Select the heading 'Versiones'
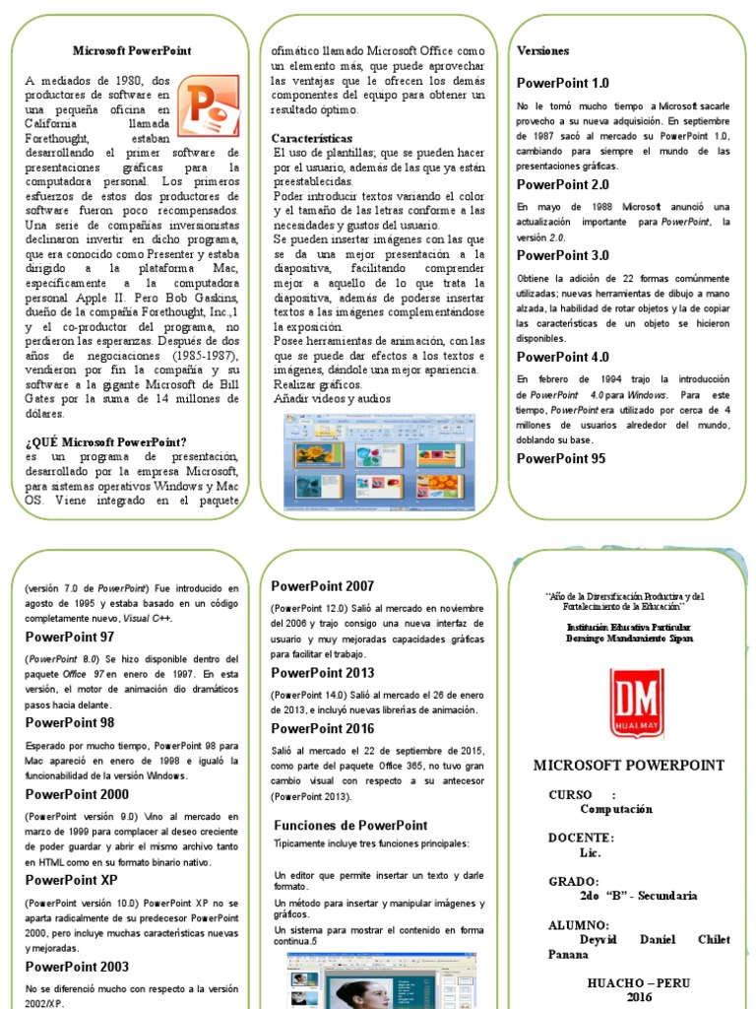pos(542,50)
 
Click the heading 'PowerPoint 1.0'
pos(563,84)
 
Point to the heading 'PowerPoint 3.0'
pos(563,255)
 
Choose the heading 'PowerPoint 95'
pos(561,458)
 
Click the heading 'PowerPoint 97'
pos(70,637)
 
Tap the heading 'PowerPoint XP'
pos(71,880)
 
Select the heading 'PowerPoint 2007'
pos(322,586)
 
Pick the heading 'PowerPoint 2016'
pos(322,728)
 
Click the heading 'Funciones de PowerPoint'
pos(350,825)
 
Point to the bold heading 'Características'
pos(312,139)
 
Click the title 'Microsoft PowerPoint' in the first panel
pos(132,50)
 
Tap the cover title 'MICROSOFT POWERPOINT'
pos(628,765)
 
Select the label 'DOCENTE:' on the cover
pos(581,838)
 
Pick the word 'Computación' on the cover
pos(616,809)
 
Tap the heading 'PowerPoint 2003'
pos(77,967)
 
